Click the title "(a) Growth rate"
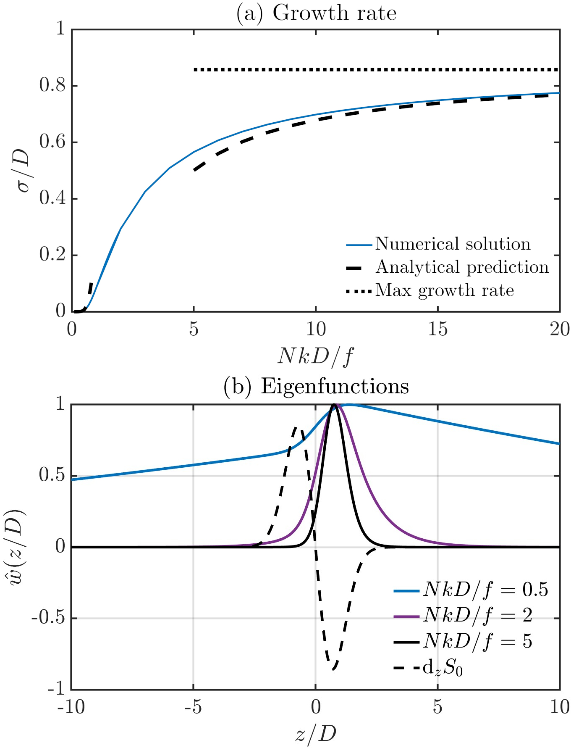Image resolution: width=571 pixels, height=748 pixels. pos(316,13)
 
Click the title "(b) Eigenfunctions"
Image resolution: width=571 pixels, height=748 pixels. pos(316,386)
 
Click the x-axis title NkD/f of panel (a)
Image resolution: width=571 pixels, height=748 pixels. pos(315,356)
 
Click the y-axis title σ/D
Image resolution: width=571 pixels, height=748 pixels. pos(23,170)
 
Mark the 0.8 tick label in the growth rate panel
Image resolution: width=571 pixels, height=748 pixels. pos(52,86)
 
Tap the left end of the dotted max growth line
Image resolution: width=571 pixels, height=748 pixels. pos(195,70)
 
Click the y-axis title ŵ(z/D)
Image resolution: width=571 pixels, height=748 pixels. pos(17,546)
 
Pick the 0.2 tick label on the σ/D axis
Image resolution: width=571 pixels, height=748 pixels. pos(52,255)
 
